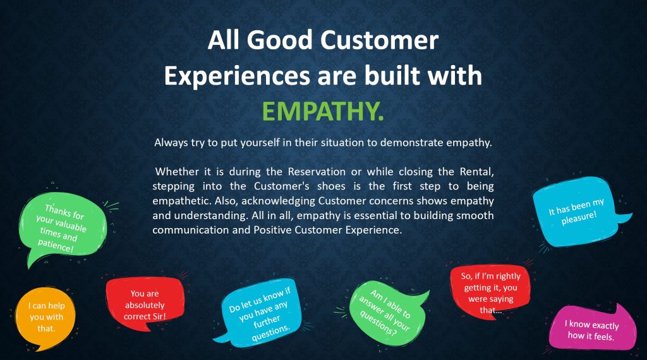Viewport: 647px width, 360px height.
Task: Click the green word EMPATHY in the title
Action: pos(323,111)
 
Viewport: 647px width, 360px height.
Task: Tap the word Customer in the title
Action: pos(379,40)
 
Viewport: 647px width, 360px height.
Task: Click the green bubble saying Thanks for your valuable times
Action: pos(63,228)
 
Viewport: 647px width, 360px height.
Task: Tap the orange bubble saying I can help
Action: pos(45,318)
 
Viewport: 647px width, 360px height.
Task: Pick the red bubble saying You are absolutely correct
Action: pos(145,304)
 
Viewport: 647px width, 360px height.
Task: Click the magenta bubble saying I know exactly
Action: pos(591,329)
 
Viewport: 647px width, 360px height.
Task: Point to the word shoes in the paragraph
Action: pos(331,186)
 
